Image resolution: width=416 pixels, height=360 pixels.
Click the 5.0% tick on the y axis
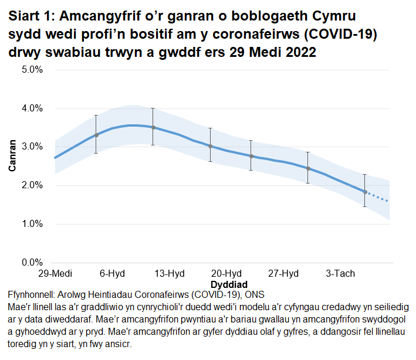click(32, 70)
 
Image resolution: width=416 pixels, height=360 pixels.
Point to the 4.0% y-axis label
click(32, 108)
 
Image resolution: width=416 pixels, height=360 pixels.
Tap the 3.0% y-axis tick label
click(32, 147)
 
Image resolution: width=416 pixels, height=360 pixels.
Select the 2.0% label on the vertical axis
click(32, 185)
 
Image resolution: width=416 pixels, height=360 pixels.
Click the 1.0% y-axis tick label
click(32, 224)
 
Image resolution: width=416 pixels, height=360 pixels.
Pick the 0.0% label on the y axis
click(32, 262)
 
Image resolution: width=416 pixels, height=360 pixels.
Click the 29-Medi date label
click(55, 274)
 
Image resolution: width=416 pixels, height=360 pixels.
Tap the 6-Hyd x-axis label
click(111, 274)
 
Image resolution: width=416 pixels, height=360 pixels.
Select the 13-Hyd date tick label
click(169, 274)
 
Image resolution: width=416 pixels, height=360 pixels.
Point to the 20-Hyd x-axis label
click(226, 274)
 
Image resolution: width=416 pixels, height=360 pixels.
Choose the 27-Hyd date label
click(283, 274)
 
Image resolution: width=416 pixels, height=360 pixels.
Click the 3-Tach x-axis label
click(340, 274)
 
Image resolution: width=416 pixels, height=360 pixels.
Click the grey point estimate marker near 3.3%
click(96, 135)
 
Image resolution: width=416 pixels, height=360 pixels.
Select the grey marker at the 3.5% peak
click(153, 127)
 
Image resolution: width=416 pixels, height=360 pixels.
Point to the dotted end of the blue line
click(378, 198)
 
